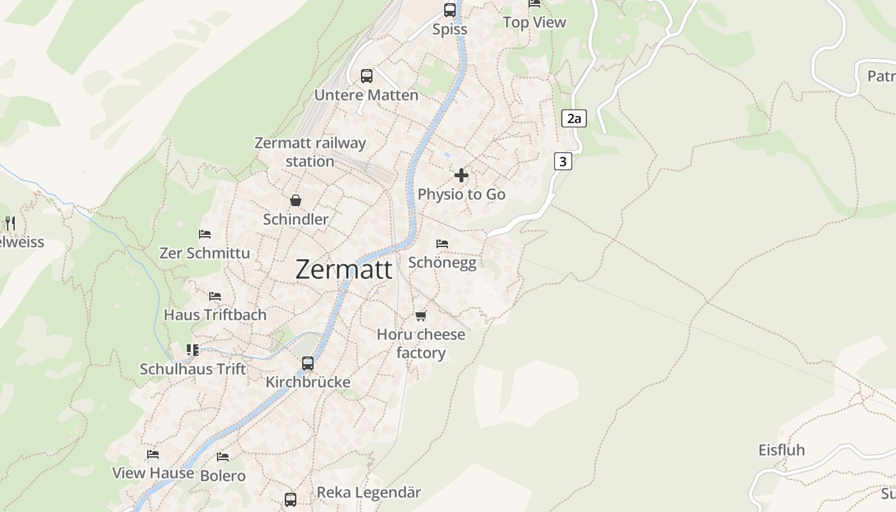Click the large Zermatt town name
pyautogui.click(x=344, y=269)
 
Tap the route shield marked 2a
pyautogui.click(x=573, y=118)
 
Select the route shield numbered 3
pyautogui.click(x=563, y=161)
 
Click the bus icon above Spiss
pyautogui.click(x=450, y=10)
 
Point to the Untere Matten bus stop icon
pyautogui.click(x=367, y=76)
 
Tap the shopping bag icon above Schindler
pyautogui.click(x=296, y=200)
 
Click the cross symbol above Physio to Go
pyautogui.click(x=461, y=175)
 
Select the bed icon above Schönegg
pyautogui.click(x=442, y=244)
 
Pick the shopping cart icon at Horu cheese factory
pyautogui.click(x=420, y=316)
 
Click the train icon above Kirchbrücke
pyautogui.click(x=308, y=364)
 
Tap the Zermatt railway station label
pyautogui.click(x=310, y=152)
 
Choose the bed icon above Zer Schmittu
pyautogui.click(x=205, y=234)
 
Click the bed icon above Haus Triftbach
pyautogui.click(x=215, y=296)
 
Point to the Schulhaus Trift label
pyautogui.click(x=193, y=369)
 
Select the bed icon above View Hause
pyautogui.click(x=153, y=454)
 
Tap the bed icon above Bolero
pyautogui.click(x=223, y=457)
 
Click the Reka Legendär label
pyautogui.click(x=369, y=493)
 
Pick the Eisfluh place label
pyautogui.click(x=781, y=450)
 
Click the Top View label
pyautogui.click(x=534, y=22)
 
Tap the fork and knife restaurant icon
pyautogui.click(x=10, y=223)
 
